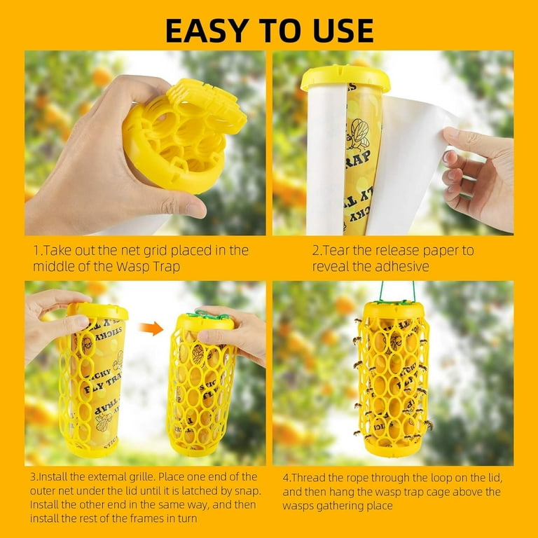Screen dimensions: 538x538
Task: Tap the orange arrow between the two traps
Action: click(x=151, y=329)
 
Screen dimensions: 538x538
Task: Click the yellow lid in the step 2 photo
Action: click(x=345, y=78)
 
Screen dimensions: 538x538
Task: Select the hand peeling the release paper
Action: click(x=478, y=179)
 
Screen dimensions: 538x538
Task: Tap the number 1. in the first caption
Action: click(x=37, y=251)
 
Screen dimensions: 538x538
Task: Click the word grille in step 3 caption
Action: click(x=141, y=477)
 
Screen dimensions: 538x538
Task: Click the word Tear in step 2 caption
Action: click(x=336, y=251)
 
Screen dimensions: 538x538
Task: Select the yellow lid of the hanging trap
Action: click(x=394, y=310)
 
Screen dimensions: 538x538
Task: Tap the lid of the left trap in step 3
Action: click(x=97, y=311)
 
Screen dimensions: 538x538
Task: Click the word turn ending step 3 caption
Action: click(x=187, y=519)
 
